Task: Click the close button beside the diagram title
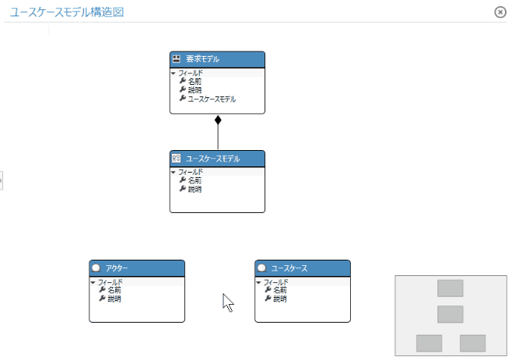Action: pos(500,12)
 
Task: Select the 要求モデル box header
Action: pos(217,59)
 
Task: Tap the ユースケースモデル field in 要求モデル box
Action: pos(212,99)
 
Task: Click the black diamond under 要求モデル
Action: pos(218,120)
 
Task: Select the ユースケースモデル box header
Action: pos(217,159)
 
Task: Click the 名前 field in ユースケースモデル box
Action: pos(195,180)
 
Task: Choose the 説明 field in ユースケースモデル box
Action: pos(195,189)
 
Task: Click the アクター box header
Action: pos(137,268)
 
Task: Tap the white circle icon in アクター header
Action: pos(96,268)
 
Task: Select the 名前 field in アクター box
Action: pos(114,290)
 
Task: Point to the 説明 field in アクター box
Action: pos(114,299)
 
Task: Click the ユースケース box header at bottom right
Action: pos(303,268)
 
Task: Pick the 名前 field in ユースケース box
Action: pos(280,290)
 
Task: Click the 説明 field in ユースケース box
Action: pos(280,299)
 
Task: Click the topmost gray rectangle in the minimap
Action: pos(450,288)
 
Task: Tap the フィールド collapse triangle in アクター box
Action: pos(93,282)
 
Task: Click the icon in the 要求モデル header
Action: pos(177,59)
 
